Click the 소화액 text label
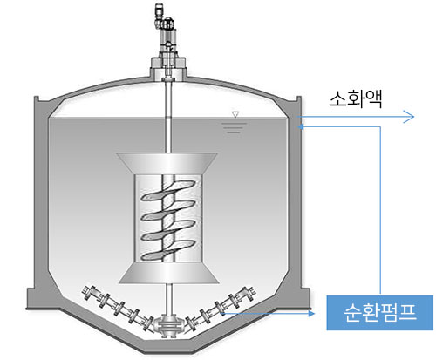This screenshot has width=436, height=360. tap(355, 99)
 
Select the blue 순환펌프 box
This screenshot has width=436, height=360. tap(379, 313)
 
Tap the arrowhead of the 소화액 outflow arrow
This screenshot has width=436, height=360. tap(409, 117)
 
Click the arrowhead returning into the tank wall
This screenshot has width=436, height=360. tap(301, 126)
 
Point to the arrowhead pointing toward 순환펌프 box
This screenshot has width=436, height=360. tap(312, 314)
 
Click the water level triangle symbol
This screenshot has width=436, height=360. tap(235, 114)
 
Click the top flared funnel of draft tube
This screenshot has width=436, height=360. tap(167, 163)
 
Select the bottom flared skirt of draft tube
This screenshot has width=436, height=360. tap(168, 273)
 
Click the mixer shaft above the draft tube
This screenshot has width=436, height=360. tap(168, 118)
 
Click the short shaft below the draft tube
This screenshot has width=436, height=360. tap(168, 300)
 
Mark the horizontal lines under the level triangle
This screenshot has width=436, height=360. tap(234, 128)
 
